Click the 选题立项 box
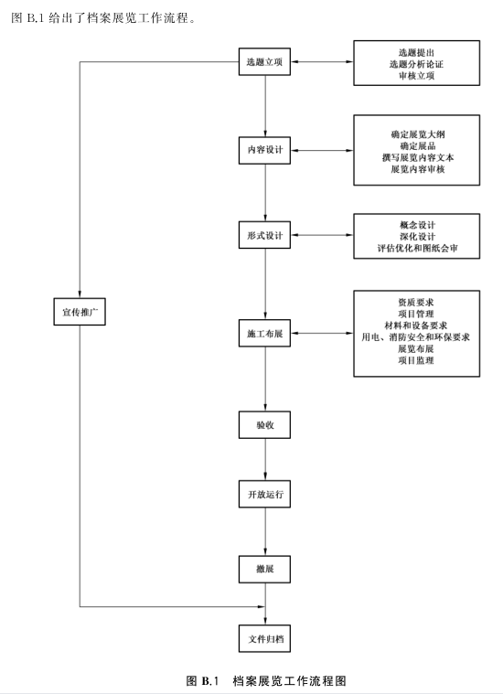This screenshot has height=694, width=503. (265, 61)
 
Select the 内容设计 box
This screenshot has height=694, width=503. (265, 150)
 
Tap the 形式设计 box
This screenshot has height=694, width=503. (265, 235)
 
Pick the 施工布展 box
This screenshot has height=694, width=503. (265, 333)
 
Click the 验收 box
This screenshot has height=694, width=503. (265, 425)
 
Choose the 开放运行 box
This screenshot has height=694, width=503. (265, 494)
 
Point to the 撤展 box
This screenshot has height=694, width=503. (265, 569)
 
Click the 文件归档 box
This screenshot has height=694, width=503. (265, 638)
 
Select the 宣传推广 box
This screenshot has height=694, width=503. (80, 312)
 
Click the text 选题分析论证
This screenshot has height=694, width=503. (416, 64)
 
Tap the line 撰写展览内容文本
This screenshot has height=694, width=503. (418, 157)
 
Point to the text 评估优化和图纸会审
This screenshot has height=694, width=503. (417, 249)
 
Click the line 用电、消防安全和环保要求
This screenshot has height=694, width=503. (416, 337)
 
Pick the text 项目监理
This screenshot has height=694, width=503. (416, 360)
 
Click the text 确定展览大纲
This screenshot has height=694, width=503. (418, 134)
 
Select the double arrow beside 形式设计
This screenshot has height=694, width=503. (322, 235)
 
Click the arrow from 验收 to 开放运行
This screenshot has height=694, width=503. (265, 459)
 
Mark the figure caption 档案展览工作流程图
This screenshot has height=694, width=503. (289, 680)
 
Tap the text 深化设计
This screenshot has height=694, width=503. (417, 237)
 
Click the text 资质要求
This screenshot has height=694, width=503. (416, 303)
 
